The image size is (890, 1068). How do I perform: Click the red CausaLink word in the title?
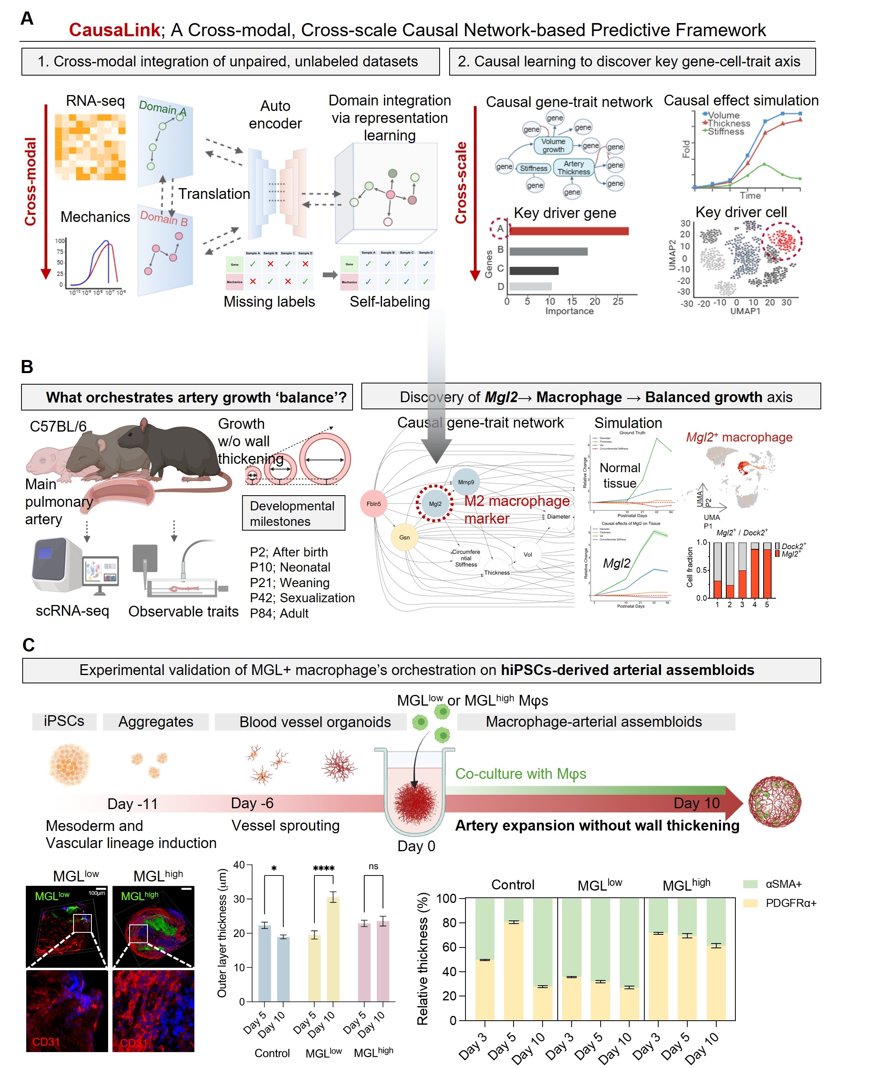(x=114, y=30)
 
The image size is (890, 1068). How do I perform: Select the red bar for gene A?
(x=568, y=231)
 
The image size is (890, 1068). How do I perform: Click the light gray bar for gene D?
(x=530, y=286)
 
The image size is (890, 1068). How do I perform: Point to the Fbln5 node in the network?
(x=374, y=504)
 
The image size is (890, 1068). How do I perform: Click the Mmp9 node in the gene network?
(x=465, y=482)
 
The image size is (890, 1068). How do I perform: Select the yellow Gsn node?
(x=404, y=537)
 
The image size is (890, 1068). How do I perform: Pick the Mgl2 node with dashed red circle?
(x=435, y=504)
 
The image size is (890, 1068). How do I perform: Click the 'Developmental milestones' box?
(x=293, y=513)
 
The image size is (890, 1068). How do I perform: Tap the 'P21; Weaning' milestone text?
(x=289, y=582)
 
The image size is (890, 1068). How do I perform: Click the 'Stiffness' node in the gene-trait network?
(x=533, y=168)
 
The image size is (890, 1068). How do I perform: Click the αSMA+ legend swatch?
(x=750, y=884)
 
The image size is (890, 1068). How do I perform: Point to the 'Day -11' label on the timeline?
(x=133, y=803)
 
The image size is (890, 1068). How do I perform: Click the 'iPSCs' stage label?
(x=64, y=721)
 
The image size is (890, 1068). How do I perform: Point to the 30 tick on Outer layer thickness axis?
(x=239, y=899)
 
